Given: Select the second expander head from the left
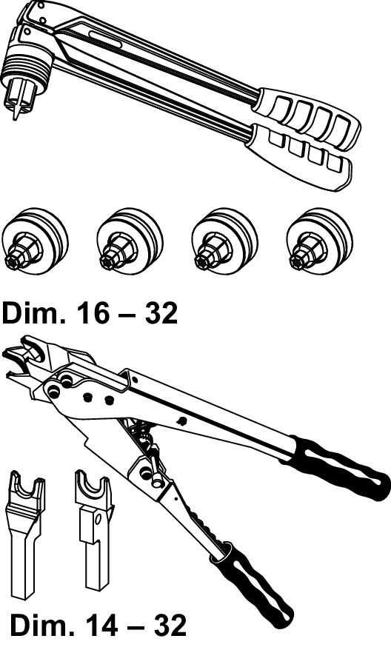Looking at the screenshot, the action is (x=130, y=241).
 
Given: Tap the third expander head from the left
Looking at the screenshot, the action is (x=224, y=241).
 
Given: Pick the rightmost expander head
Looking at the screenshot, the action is (x=319, y=241).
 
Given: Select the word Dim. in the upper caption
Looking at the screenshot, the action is (x=35, y=313).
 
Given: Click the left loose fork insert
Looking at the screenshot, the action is (x=27, y=535).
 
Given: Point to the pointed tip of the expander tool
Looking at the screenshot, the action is (x=16, y=113).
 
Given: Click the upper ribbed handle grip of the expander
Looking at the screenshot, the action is (x=307, y=119).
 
